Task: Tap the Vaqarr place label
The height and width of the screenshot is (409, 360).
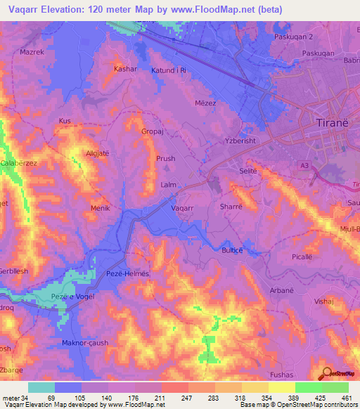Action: [x=184, y=208]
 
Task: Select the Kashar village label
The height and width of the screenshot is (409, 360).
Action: [x=124, y=70]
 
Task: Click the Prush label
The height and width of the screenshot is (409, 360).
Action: [x=165, y=159]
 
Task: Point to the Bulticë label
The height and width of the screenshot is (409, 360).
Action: [x=233, y=249]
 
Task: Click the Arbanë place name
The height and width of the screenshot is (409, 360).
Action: [x=281, y=290]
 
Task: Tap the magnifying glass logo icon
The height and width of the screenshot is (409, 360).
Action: [x=326, y=372]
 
